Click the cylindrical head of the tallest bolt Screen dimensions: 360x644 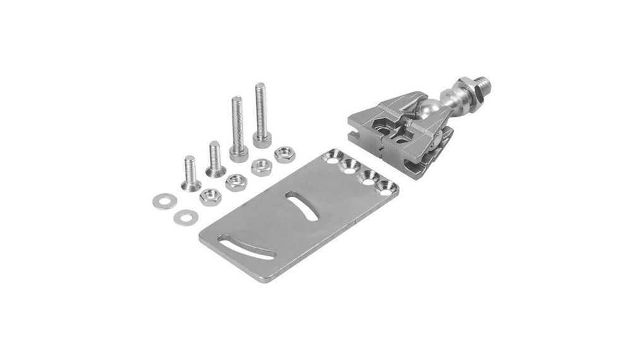[x=262, y=139]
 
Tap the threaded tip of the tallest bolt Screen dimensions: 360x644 [x=259, y=87]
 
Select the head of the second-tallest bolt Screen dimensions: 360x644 [x=239, y=153]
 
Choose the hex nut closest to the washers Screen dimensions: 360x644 [x=210, y=196]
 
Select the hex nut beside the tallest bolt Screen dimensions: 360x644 [x=283, y=153]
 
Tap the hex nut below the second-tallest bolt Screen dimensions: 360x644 [x=261, y=167]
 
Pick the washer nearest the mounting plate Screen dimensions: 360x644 [x=186, y=217]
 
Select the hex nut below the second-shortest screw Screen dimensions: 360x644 [x=236, y=181]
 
